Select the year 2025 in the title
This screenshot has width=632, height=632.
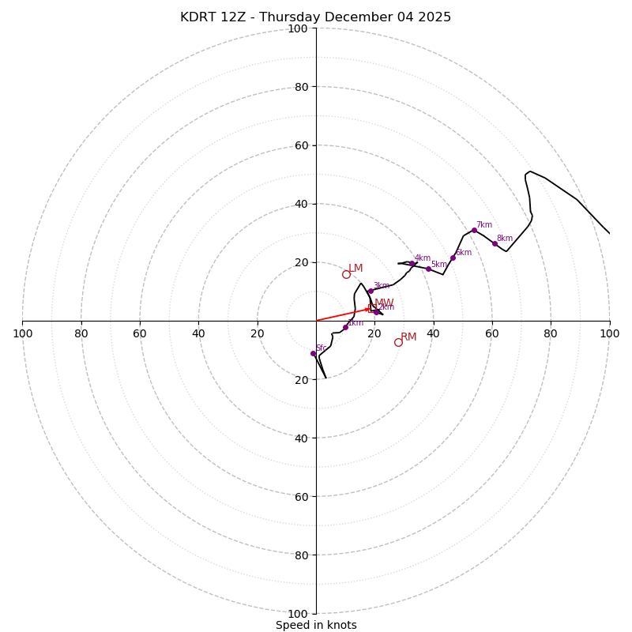coord(434,17)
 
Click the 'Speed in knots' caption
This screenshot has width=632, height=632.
coord(316,625)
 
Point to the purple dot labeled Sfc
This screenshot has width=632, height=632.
coord(313,353)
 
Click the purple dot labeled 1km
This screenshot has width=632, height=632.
coord(345,327)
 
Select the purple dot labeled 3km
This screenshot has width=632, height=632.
coord(371,291)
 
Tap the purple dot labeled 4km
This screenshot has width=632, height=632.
coord(412,264)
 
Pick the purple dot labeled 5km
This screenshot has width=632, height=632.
coord(428,269)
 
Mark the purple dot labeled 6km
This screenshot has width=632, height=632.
coord(453,258)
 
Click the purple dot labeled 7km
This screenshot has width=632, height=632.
coord(474,230)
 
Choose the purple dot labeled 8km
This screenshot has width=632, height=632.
coord(495,243)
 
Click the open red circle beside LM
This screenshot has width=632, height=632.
coord(346,274)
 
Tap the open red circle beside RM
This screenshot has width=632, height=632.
coord(398,342)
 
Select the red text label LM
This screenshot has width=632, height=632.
coord(355,269)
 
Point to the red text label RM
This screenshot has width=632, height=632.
coord(408,337)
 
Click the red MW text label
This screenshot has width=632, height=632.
coord(384,303)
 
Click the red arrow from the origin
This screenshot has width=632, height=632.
coord(344,314)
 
